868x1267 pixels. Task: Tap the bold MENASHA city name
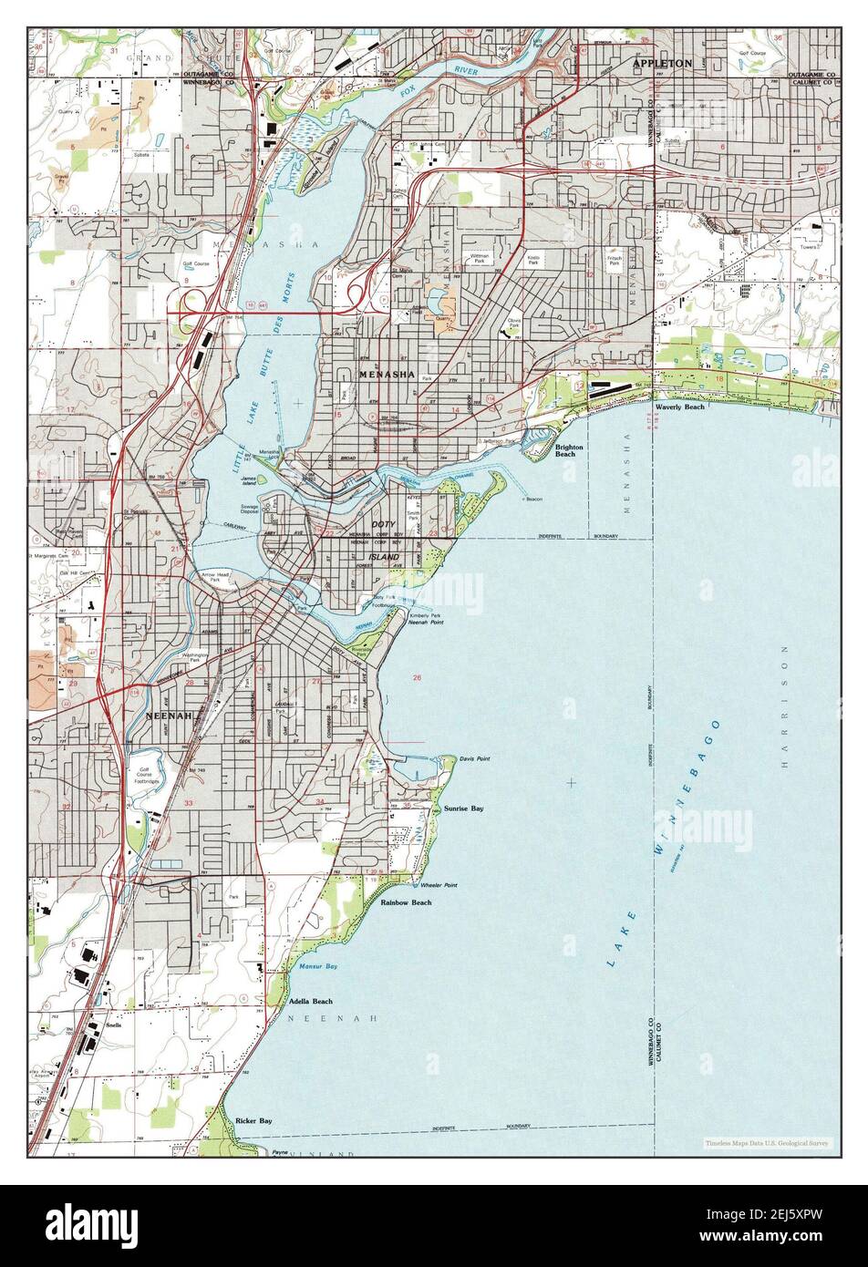387,375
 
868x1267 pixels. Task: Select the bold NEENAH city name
170,716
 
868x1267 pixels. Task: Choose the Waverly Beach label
679,407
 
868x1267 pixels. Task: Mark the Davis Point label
474,758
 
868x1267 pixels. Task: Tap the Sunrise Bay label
463,809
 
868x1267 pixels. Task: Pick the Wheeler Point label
439,885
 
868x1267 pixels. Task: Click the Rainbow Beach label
406,902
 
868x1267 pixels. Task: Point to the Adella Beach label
311,1001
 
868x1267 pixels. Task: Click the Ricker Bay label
253,1120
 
